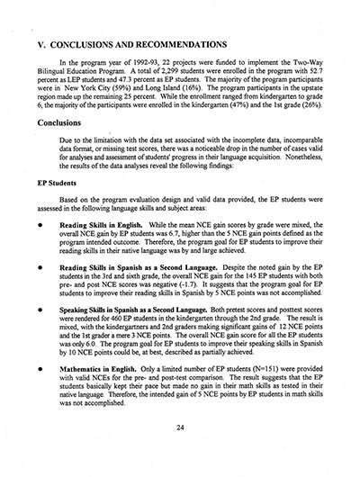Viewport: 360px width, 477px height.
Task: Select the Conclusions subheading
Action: (x=67, y=125)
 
